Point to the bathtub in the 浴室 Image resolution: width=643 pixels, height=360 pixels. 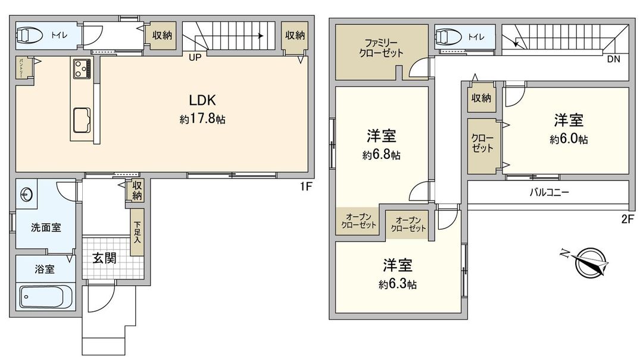[x=45, y=295]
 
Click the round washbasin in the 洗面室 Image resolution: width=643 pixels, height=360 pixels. [x=26, y=193]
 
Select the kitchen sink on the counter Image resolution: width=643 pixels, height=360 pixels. [x=81, y=120]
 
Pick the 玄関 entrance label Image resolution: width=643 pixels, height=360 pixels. [x=104, y=258]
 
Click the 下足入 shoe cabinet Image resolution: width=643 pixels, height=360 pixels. [x=137, y=233]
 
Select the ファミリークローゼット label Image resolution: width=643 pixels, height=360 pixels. [x=381, y=48]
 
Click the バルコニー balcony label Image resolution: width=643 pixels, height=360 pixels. [x=550, y=193]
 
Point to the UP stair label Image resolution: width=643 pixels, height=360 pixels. [x=195, y=58]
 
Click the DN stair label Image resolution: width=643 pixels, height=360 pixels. [x=613, y=60]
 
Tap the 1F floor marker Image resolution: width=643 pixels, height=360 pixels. [x=305, y=186]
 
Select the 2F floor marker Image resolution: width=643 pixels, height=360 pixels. [x=626, y=218]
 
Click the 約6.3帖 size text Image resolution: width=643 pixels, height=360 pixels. [x=397, y=284]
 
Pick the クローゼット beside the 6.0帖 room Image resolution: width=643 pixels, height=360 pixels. [x=482, y=145]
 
